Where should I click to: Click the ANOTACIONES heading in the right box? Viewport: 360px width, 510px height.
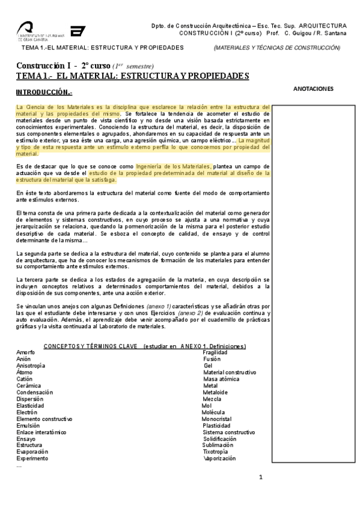313,88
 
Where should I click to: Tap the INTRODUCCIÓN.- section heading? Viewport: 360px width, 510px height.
44,92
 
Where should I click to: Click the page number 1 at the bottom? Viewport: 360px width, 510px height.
261,477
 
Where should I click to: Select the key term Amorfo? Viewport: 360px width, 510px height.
26,352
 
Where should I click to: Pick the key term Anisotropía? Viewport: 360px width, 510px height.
31,366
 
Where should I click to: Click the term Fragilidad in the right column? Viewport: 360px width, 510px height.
216,352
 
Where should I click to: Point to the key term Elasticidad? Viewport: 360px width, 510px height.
30,405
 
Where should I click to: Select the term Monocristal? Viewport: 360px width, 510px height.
218,419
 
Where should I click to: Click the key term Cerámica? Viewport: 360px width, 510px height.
29,386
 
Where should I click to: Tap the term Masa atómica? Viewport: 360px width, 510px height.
220,379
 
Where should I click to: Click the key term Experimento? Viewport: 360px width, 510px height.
31,458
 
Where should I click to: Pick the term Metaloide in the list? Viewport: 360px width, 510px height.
216,392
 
